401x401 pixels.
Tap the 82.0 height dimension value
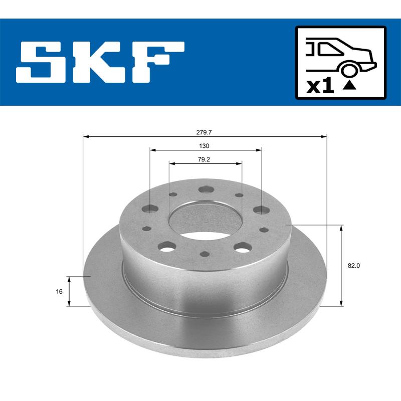[354, 266]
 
